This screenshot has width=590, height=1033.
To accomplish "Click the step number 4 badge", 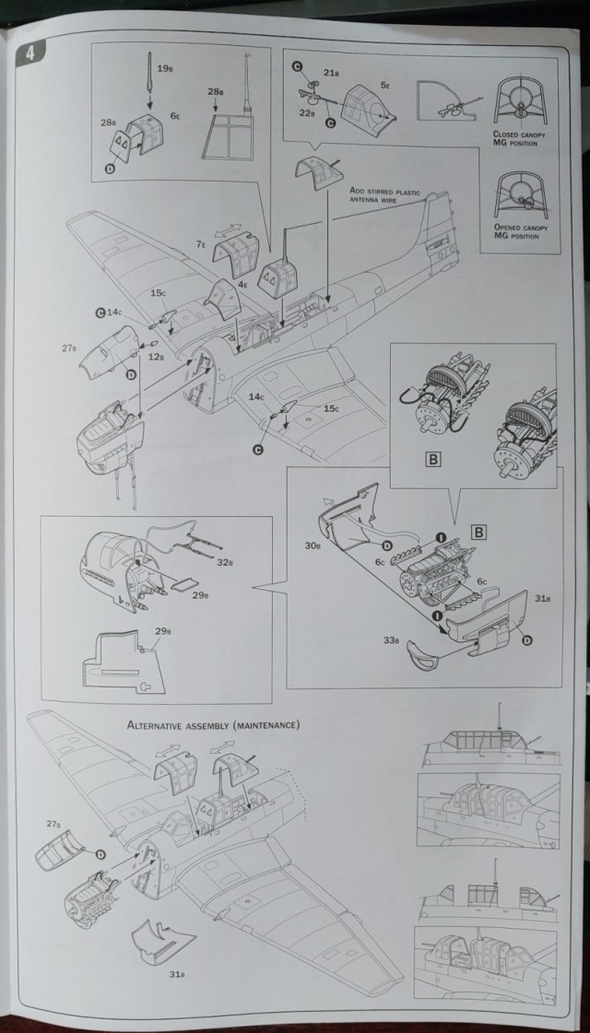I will point(31,53).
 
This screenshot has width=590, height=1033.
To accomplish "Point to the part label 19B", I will point(166,67).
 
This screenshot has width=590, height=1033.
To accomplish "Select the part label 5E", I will point(385,84).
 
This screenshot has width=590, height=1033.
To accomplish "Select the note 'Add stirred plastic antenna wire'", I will point(385,194).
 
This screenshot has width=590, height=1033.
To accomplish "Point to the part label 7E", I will point(201,244).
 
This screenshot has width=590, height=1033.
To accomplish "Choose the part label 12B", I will point(155,357).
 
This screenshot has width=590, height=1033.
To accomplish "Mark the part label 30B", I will point(314,546).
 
